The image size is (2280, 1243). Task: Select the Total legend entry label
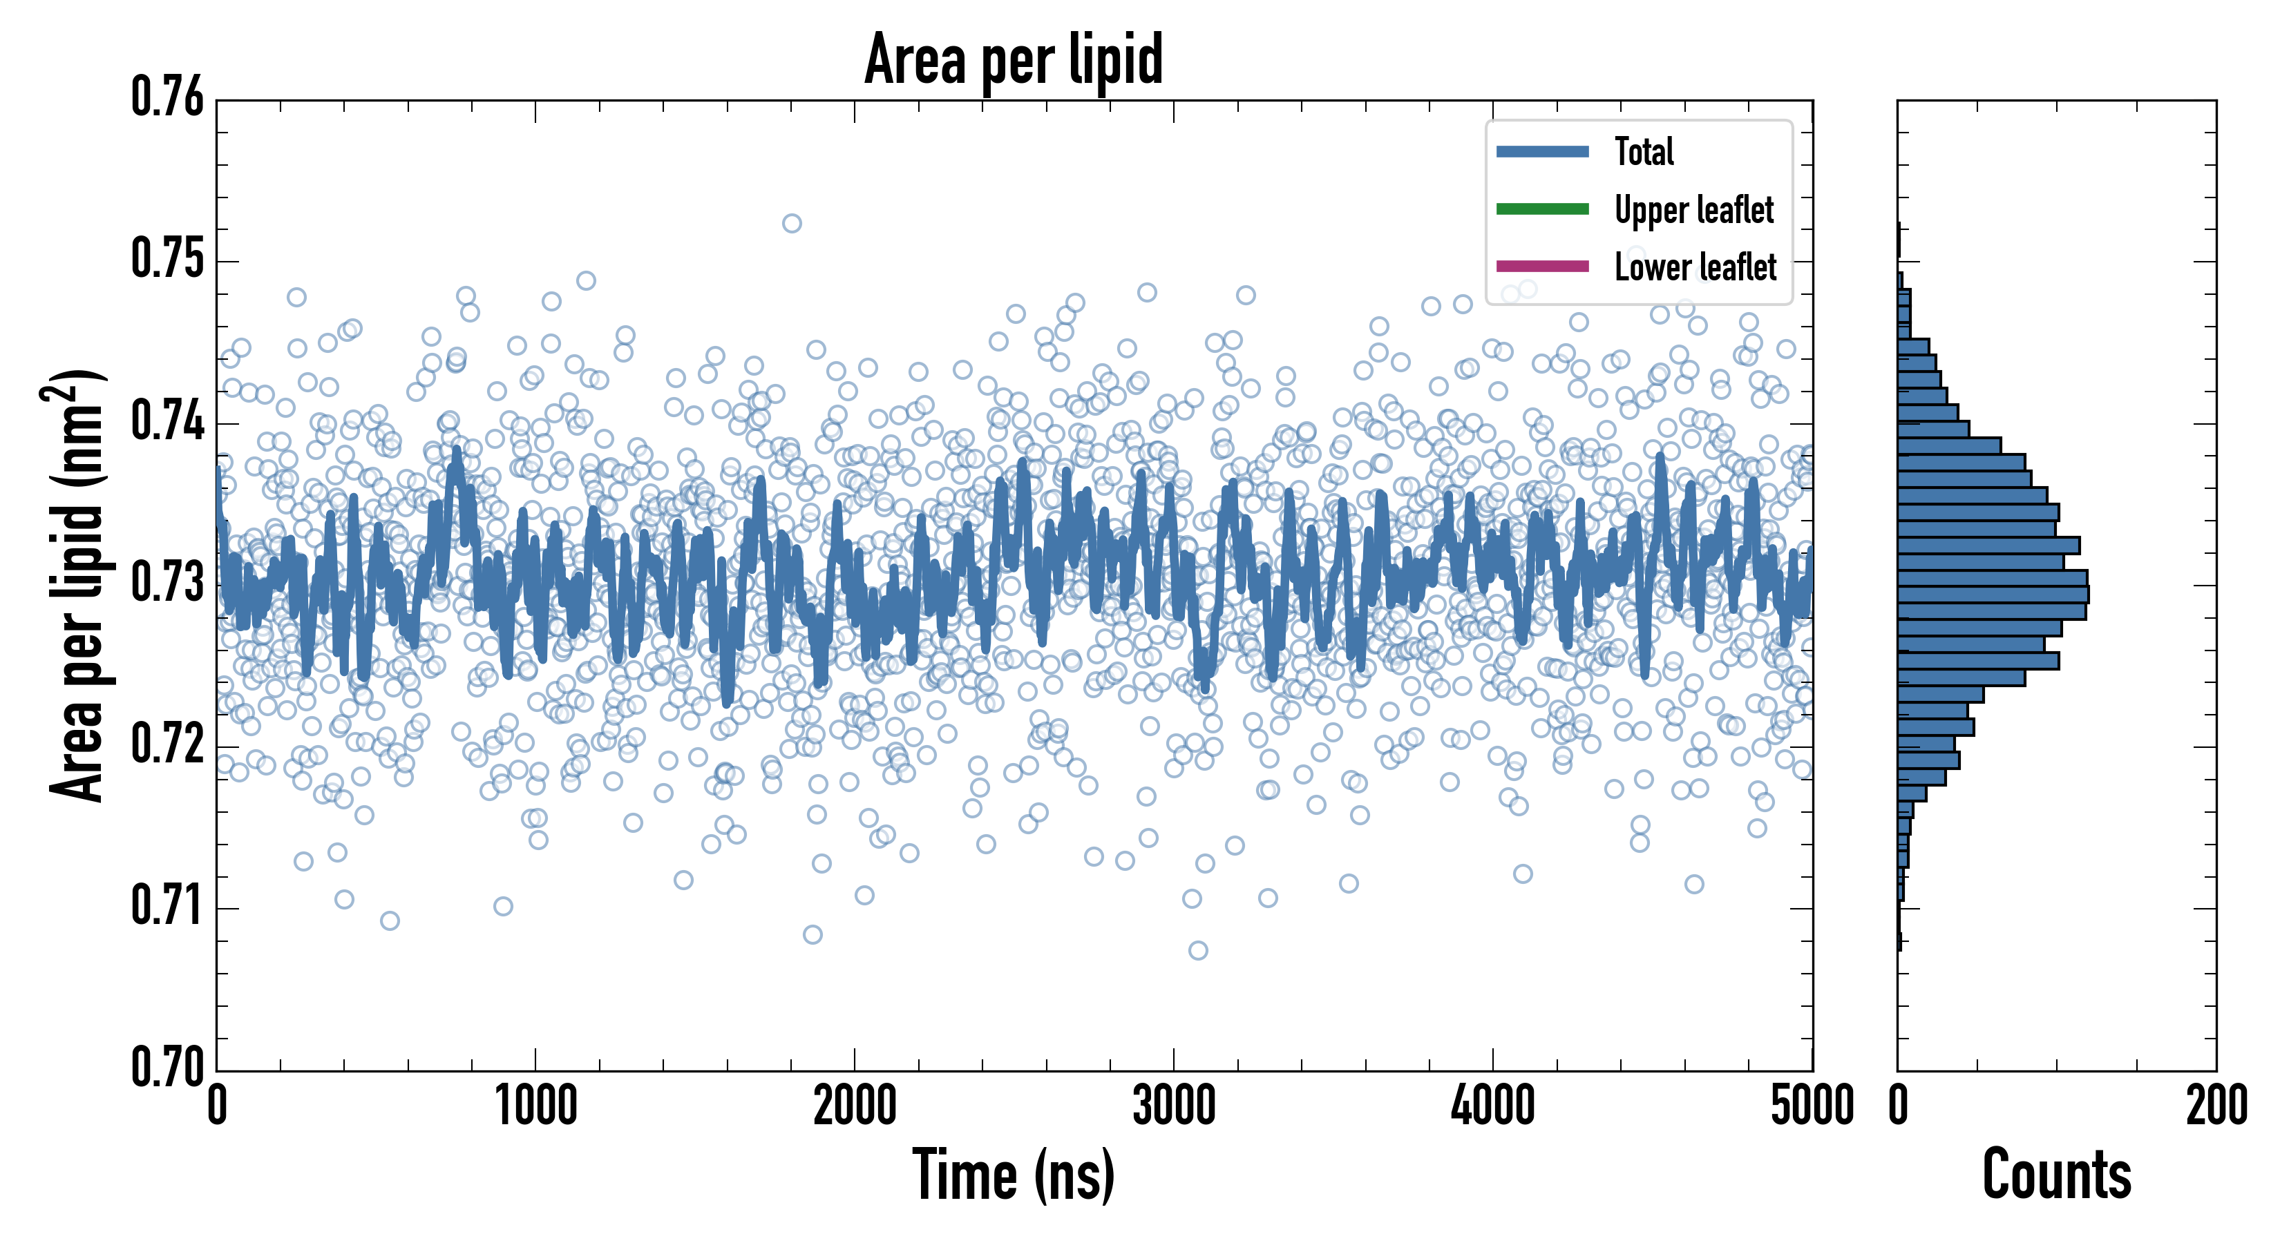[x=1644, y=151]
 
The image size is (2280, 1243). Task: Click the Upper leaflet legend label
[x=1693, y=210]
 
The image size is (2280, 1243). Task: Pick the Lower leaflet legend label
[x=1695, y=267]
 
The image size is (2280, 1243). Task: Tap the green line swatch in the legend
[x=1542, y=209]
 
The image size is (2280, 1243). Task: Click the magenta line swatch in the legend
[x=1542, y=265]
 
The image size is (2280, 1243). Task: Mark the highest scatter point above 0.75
[x=791, y=223]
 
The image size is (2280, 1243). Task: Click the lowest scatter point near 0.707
[x=1197, y=950]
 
